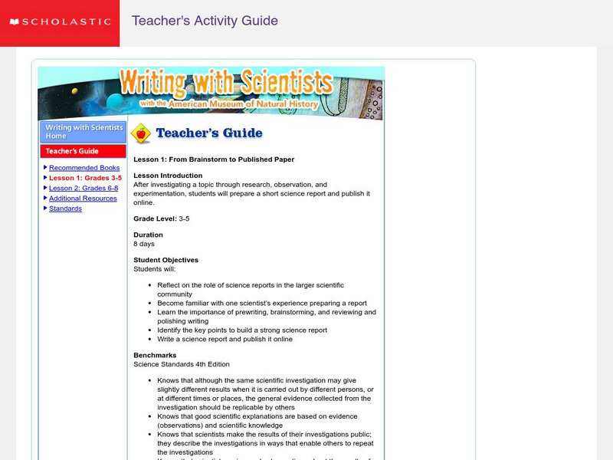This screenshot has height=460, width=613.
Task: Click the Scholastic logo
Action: [59, 21]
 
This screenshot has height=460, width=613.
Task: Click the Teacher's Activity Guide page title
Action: [205, 21]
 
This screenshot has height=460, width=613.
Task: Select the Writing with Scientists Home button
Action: [83, 131]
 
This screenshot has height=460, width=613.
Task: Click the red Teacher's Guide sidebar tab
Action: [83, 151]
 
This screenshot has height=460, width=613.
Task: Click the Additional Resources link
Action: [83, 199]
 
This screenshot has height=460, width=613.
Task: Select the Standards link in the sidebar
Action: [65, 209]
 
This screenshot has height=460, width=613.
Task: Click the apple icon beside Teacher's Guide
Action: [141, 134]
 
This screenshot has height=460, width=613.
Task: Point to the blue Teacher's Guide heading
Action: [209, 133]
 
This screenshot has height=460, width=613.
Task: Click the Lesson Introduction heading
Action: [168, 176]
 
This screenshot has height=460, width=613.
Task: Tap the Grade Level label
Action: [155, 219]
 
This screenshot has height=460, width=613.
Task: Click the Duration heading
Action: [148, 235]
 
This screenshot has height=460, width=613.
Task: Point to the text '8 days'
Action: [144, 244]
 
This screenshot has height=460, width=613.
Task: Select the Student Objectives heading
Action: [166, 260]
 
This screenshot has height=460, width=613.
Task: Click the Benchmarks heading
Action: [155, 356]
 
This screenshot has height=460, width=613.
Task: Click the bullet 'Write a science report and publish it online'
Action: [225, 339]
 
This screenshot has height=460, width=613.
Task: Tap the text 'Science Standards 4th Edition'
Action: [182, 364]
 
